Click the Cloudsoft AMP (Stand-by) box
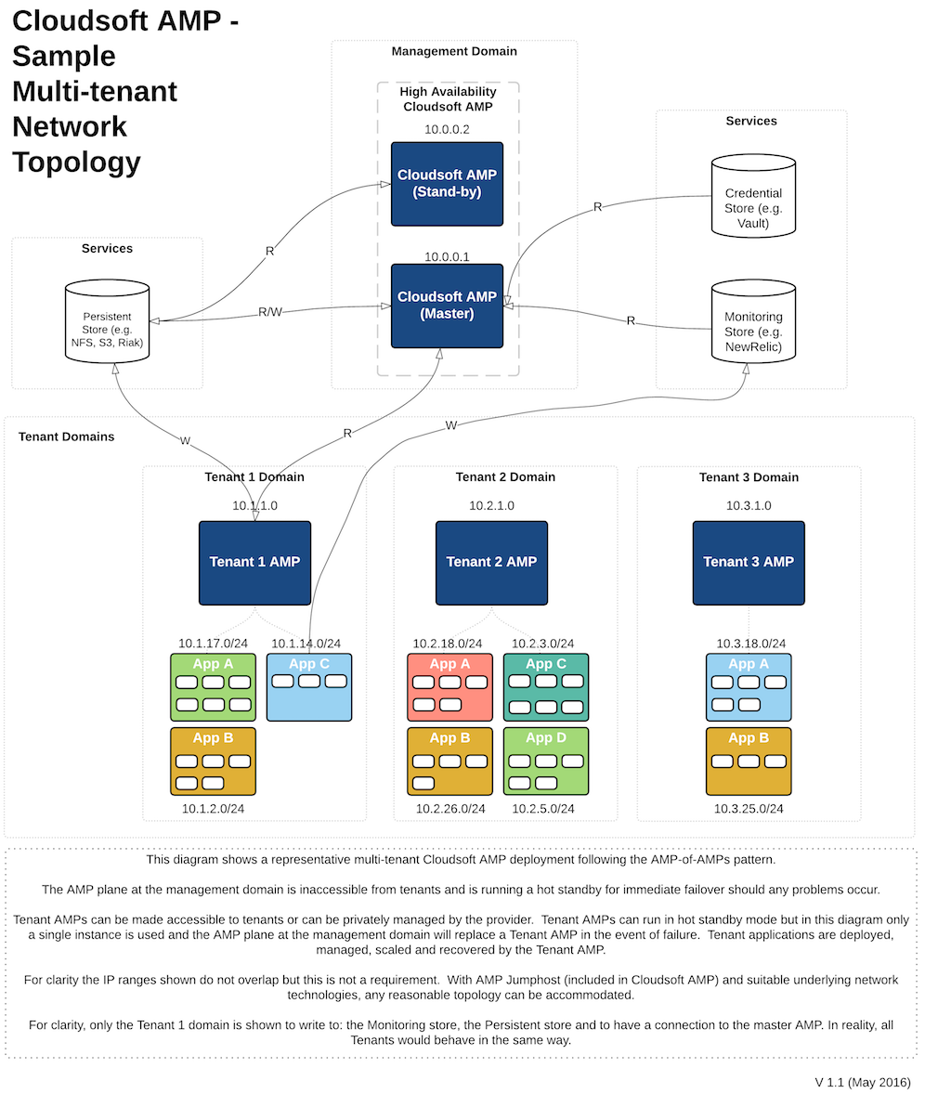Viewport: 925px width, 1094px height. pyautogui.click(x=447, y=184)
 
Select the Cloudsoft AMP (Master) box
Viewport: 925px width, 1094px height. pyautogui.click(x=447, y=306)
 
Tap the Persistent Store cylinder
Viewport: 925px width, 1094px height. pyautogui.click(x=108, y=321)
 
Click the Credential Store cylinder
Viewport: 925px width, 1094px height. pyautogui.click(x=753, y=196)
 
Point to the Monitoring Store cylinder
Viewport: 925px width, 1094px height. pyautogui.click(x=753, y=321)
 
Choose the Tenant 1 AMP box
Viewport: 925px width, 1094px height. pyautogui.click(x=254, y=563)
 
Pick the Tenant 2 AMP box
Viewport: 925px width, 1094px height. pyautogui.click(x=492, y=563)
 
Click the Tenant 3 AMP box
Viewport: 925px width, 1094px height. pyautogui.click(x=749, y=563)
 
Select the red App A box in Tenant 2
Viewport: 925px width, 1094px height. pyautogui.click(x=449, y=687)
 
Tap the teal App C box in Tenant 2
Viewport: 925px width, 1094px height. pyautogui.click(x=546, y=687)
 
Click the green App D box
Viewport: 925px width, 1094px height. pyautogui.click(x=546, y=762)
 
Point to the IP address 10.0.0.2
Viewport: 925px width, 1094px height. pyautogui.click(x=447, y=130)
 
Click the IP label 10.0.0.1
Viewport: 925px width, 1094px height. pyautogui.click(x=447, y=256)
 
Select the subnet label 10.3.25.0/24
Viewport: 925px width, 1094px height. pyautogui.click(x=749, y=809)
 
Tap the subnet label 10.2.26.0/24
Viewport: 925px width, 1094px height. pyautogui.click(x=450, y=809)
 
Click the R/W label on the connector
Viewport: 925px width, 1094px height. pyautogui.click(x=270, y=312)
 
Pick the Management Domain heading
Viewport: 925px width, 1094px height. pyautogui.click(x=454, y=51)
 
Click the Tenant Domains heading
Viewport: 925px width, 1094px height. pyautogui.click(x=66, y=436)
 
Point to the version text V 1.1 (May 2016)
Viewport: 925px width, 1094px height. pyautogui.click(x=863, y=1082)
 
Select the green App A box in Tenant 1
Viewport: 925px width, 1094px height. pyautogui.click(x=214, y=687)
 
